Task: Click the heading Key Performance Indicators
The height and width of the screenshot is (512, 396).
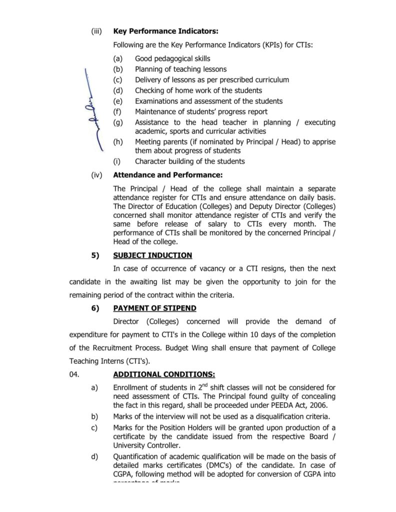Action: (x=165, y=31)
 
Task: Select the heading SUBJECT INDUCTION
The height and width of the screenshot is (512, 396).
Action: (x=152, y=255)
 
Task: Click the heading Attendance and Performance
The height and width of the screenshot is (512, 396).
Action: (x=167, y=175)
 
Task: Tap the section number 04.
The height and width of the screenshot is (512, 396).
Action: (x=74, y=374)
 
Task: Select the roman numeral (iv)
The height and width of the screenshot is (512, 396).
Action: (x=96, y=175)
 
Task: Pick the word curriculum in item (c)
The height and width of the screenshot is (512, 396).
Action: (x=271, y=79)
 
